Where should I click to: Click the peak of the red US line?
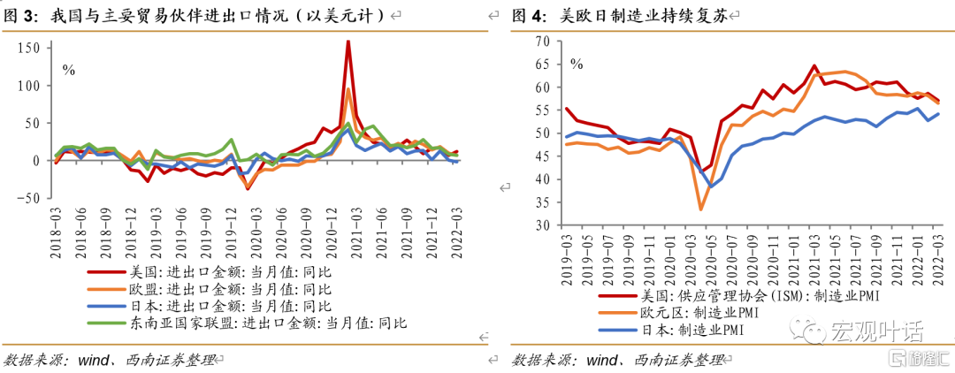click(x=348, y=42)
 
